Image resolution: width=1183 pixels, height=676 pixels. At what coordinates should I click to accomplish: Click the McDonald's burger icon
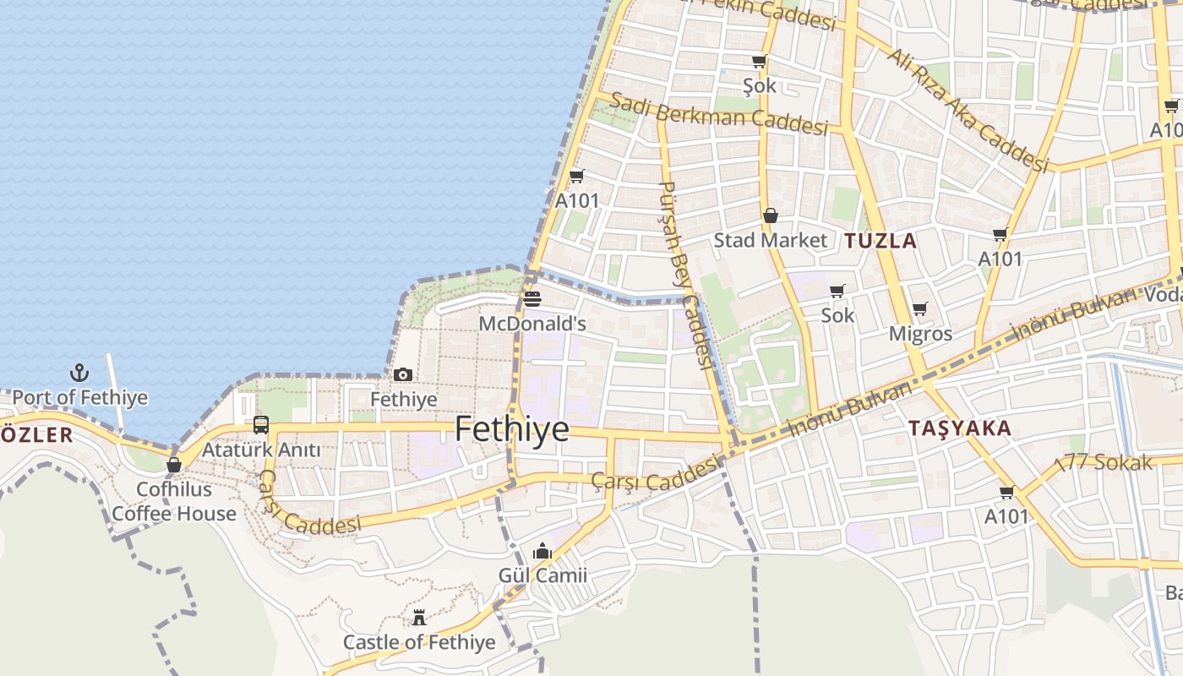[x=532, y=299]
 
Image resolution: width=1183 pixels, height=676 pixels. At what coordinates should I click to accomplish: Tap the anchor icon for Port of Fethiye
[x=79, y=373]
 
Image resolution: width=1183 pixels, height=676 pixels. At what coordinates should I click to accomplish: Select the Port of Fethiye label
[x=79, y=397]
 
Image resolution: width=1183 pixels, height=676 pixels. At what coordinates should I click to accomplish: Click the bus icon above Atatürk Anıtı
[x=261, y=425]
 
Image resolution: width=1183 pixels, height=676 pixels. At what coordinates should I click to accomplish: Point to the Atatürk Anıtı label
[x=261, y=450]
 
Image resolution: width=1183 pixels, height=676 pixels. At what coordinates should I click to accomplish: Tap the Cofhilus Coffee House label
[x=174, y=501]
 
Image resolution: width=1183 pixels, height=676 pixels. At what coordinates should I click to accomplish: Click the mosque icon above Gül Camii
[x=542, y=552]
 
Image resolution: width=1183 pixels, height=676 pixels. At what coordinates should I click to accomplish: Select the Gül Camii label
[x=542, y=575]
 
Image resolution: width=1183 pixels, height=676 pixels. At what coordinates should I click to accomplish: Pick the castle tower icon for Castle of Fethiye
[x=419, y=618]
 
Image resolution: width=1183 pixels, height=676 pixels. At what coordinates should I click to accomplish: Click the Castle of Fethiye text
[x=419, y=642]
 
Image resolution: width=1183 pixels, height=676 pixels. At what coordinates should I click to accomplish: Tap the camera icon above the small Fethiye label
[x=403, y=374]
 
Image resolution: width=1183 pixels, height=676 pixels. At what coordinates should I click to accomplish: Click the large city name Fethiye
[x=512, y=429]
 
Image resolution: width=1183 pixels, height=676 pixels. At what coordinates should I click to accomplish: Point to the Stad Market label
[x=771, y=240]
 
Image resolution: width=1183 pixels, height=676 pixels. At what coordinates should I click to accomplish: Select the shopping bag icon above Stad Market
[x=771, y=215]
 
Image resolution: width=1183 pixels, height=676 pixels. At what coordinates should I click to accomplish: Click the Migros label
[x=920, y=334]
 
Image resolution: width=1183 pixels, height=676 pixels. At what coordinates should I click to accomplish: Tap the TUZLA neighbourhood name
[x=880, y=241]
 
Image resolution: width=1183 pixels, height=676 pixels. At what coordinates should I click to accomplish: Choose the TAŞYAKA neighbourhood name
[x=960, y=428]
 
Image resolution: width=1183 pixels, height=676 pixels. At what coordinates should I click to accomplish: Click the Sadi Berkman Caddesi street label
[x=718, y=114]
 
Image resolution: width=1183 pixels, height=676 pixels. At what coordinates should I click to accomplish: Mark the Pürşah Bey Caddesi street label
[x=684, y=275]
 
